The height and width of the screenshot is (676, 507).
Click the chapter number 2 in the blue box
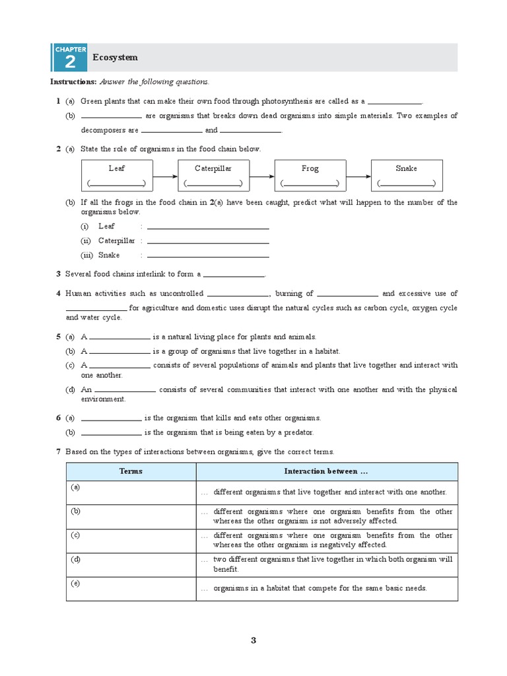[69, 62]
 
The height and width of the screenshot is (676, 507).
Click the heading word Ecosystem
[116, 57]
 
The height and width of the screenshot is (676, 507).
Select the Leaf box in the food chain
[116, 176]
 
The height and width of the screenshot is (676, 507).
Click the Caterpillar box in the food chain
[213, 176]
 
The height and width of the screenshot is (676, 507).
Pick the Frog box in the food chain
[310, 176]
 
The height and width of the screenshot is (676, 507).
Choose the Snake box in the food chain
[407, 176]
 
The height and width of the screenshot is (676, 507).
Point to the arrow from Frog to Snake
[358, 176]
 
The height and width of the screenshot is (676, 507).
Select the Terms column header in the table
[131, 471]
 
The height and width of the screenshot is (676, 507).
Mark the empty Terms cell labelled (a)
[131, 492]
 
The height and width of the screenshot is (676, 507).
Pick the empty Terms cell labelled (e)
[131, 588]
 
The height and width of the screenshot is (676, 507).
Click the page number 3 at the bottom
[253, 640]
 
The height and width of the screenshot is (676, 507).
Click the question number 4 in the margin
[59, 294]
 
